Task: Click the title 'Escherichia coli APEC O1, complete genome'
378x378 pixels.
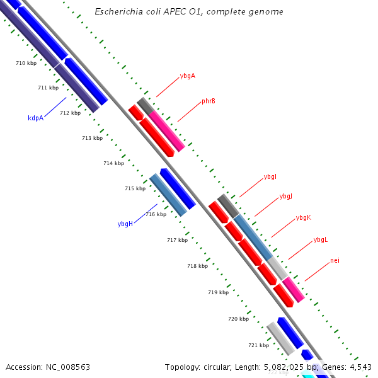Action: click(x=188, y=12)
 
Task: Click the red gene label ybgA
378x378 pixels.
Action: click(x=187, y=76)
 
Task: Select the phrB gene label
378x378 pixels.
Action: click(x=209, y=101)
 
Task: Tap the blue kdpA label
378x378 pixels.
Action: click(x=35, y=118)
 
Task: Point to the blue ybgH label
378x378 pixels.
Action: click(x=125, y=224)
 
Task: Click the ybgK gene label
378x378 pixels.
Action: click(x=303, y=217)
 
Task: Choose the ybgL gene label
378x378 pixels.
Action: click(x=320, y=239)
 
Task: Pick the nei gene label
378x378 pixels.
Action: click(x=335, y=260)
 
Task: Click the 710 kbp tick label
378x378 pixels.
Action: click(x=26, y=63)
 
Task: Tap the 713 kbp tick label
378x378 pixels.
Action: click(x=92, y=138)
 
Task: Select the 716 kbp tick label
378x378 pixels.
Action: click(x=156, y=214)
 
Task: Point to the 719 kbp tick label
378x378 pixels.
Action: click(x=218, y=292)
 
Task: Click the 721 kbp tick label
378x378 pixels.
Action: click(x=258, y=345)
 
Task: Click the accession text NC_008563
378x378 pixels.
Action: click(x=48, y=367)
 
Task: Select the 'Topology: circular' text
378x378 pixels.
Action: click(x=193, y=367)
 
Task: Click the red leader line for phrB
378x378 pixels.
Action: click(x=188, y=112)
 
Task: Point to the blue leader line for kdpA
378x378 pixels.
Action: click(x=55, y=107)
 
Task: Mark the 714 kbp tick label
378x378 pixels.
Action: click(x=113, y=163)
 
